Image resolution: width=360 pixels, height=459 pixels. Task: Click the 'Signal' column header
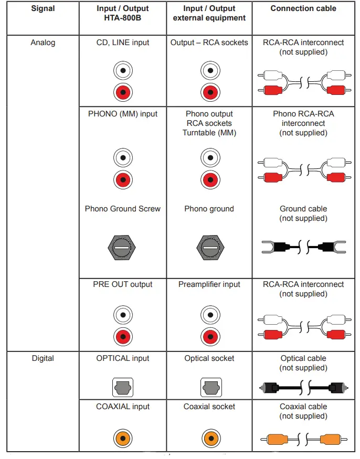pos(43,8)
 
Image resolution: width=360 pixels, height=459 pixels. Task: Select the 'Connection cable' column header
pos(303,8)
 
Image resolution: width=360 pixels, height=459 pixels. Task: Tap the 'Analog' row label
pos(43,42)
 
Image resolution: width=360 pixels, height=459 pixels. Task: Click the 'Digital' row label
pos(43,358)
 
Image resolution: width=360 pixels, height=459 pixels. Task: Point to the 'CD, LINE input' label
pos(123,42)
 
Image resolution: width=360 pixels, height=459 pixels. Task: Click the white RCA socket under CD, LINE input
pos(123,70)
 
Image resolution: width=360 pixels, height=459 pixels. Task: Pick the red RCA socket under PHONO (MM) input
pos(123,180)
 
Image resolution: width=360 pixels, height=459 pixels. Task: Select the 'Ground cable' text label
pos(303,209)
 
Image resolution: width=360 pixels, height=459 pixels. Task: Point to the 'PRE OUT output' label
pos(123,284)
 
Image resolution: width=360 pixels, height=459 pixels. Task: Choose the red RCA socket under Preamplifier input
pos(209,336)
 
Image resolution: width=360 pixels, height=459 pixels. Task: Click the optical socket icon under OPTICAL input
pos(123,388)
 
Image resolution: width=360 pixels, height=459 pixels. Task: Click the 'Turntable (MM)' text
pos(209,133)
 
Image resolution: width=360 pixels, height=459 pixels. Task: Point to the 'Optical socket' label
pos(209,358)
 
